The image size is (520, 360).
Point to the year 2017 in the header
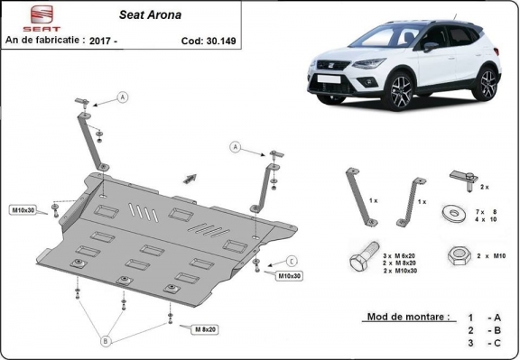[x=130, y=41]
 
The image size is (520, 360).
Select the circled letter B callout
[x=106, y=341]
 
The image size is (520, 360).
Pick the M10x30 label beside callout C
[x=289, y=274]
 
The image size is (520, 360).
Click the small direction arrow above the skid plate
[x=190, y=176]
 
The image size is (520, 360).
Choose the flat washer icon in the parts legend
[x=450, y=215]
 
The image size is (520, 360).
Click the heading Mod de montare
[x=407, y=318]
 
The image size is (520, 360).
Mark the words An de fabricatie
[x=44, y=41]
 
